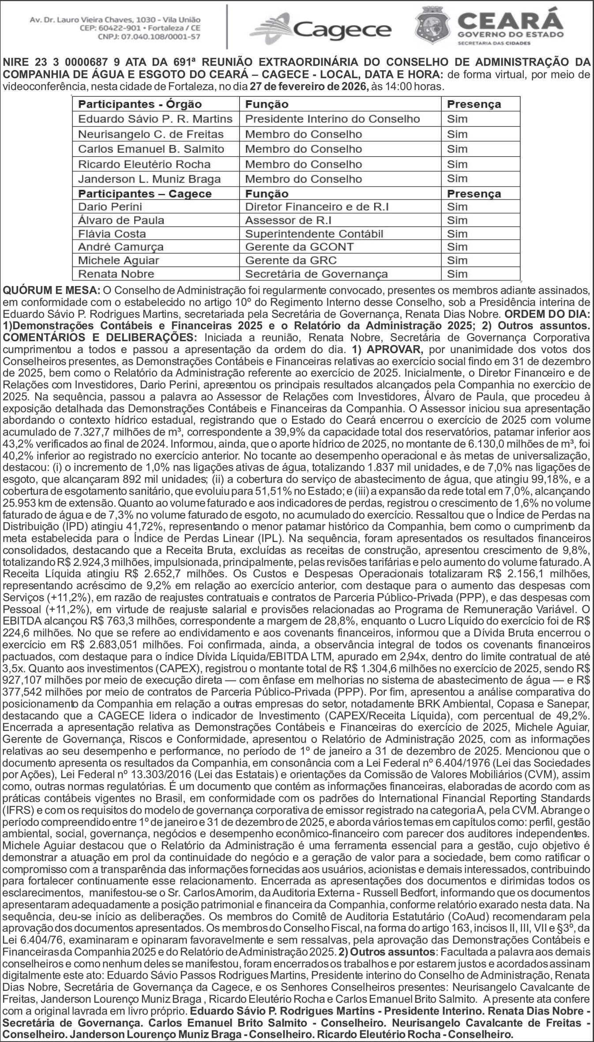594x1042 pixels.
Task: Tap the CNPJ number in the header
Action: pyautogui.click(x=149, y=37)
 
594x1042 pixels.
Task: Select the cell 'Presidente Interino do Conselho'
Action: pyautogui.click(x=332, y=119)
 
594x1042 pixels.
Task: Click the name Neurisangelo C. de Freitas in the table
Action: pyautogui.click(x=150, y=134)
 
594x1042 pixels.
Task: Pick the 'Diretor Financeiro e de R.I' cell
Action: pyautogui.click(x=317, y=207)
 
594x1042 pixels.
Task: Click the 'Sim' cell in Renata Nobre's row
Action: pyautogui.click(x=457, y=274)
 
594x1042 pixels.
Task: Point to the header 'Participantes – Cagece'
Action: pyautogui.click(x=144, y=194)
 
